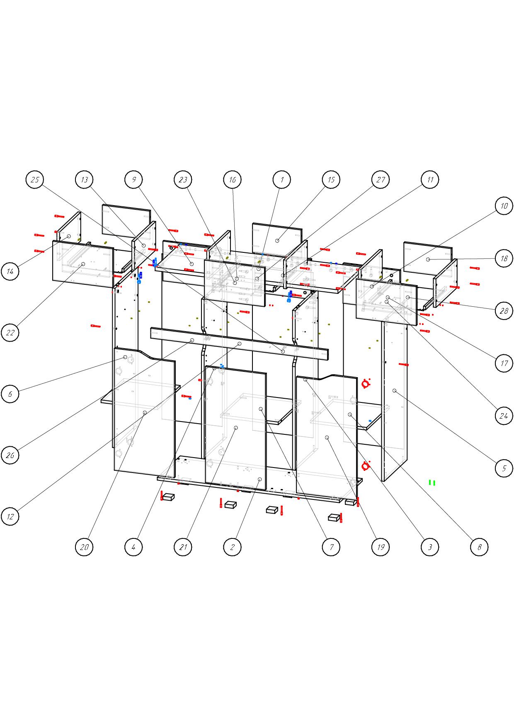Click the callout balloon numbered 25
click(35, 180)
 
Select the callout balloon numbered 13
click(84, 180)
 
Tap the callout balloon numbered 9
click(133, 180)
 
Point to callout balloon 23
click(183, 180)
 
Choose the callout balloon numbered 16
click(232, 180)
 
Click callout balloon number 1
click(282, 180)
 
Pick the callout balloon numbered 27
click(381, 180)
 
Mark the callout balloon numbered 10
click(504, 206)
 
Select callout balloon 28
click(504, 311)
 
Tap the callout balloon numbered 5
click(504, 468)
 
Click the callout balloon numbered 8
click(480, 547)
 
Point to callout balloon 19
click(381, 547)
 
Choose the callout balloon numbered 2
click(232, 547)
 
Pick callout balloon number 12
click(10, 517)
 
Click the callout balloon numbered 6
click(10, 394)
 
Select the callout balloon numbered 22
click(10, 332)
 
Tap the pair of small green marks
click(432, 482)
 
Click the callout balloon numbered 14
click(10, 271)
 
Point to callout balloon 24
click(504, 416)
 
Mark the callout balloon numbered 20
click(84, 547)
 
